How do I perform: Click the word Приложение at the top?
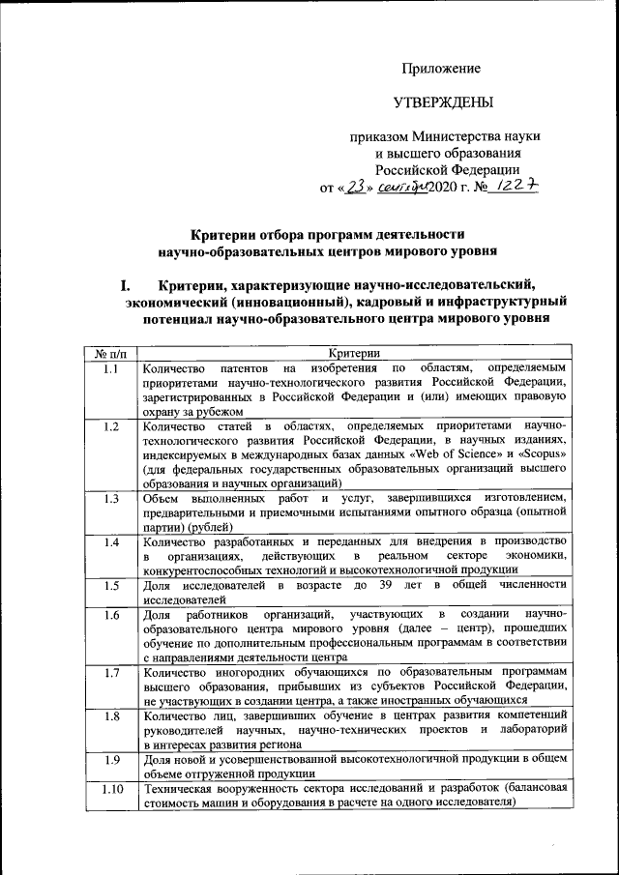(441, 68)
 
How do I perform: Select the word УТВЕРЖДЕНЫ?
(442, 102)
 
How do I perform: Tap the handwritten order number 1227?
(515, 186)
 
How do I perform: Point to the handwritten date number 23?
(359, 186)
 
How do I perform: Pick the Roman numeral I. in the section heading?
(125, 285)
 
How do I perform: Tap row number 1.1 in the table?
(111, 368)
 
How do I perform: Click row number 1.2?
(111, 426)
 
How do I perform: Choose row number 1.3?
(111, 499)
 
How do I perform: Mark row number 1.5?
(111, 586)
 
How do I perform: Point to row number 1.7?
(111, 673)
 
